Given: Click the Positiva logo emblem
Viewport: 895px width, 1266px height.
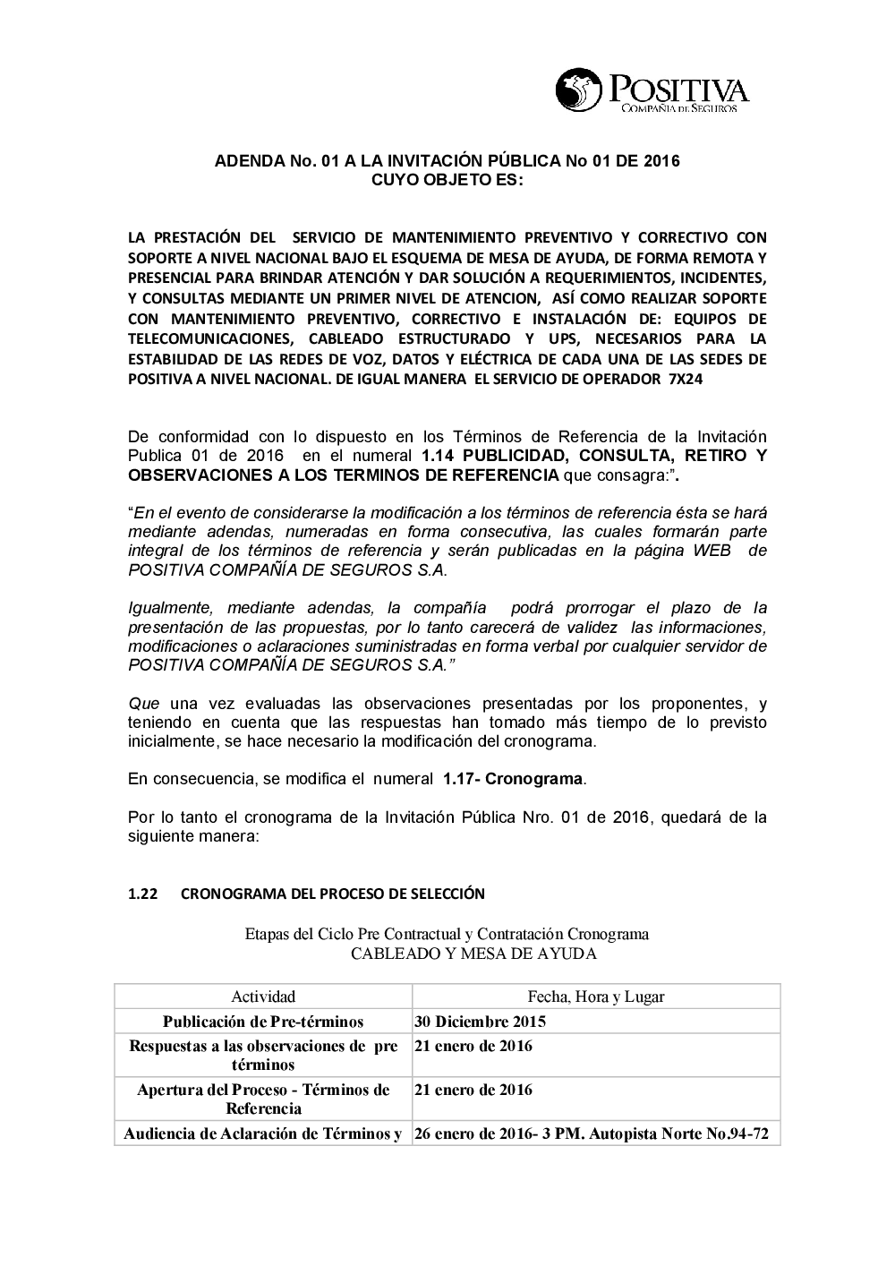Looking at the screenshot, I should tap(579, 90).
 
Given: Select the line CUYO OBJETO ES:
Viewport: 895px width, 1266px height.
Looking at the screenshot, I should tap(447, 180).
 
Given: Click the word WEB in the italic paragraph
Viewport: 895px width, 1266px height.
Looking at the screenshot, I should tap(712, 551).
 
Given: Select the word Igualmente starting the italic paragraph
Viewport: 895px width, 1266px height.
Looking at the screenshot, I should tap(169, 608).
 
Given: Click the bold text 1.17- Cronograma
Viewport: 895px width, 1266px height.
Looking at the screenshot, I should tap(513, 778).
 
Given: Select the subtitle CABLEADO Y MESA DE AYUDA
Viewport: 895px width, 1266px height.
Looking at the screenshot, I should tap(473, 954).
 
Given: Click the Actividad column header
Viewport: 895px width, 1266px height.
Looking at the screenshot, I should tap(263, 997).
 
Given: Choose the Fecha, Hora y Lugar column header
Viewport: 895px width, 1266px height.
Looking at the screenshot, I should tap(595, 997).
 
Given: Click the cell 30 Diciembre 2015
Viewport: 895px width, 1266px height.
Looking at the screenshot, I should tap(480, 1022).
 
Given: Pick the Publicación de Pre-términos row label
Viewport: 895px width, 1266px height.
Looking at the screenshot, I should tap(263, 1022).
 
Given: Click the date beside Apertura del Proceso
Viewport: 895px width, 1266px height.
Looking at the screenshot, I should tap(473, 1090).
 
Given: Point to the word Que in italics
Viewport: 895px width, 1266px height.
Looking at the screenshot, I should tap(143, 703).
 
